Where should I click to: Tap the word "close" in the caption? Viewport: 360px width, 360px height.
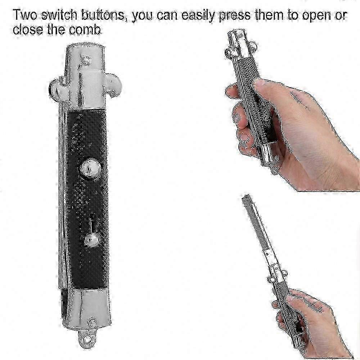(28, 30)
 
